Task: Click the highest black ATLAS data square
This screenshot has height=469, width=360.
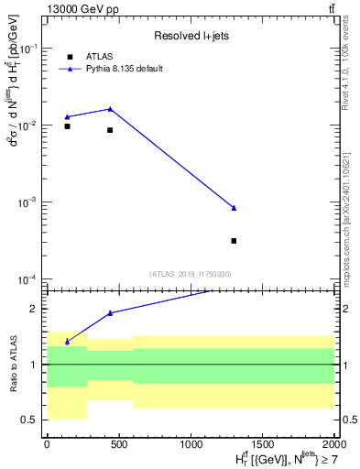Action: point(67,126)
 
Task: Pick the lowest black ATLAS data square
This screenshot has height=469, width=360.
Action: point(234,241)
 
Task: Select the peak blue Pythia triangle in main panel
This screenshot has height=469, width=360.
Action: point(110,109)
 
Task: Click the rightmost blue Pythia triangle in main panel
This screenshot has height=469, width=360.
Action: point(234,208)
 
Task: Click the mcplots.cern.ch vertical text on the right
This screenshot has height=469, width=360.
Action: point(345,211)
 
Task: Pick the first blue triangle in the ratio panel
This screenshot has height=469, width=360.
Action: point(67,342)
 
